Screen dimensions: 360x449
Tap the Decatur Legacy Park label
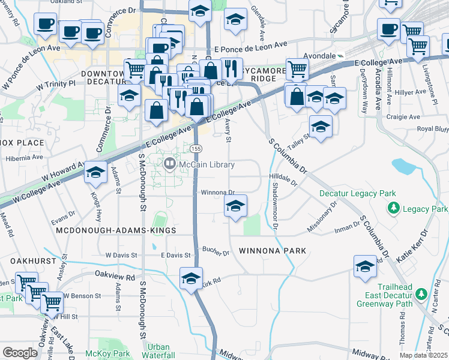click(x=357, y=194)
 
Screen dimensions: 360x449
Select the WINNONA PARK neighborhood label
click(x=273, y=250)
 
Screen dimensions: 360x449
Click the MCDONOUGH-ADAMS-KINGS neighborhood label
click(x=115, y=230)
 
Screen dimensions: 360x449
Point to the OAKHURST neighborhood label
click(x=28, y=261)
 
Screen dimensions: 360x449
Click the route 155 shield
click(x=196, y=148)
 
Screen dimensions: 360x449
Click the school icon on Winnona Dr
click(x=236, y=206)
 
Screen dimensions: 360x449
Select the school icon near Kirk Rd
click(x=191, y=278)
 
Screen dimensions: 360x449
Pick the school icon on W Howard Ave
click(x=95, y=172)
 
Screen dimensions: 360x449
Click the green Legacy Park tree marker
click(x=394, y=208)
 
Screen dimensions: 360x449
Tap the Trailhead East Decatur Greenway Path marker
click(x=422, y=294)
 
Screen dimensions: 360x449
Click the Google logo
click(x=20, y=353)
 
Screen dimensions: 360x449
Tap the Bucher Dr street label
click(x=216, y=251)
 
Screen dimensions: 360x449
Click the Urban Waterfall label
click(x=158, y=351)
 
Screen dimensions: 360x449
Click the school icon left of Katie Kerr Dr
click(x=365, y=266)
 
